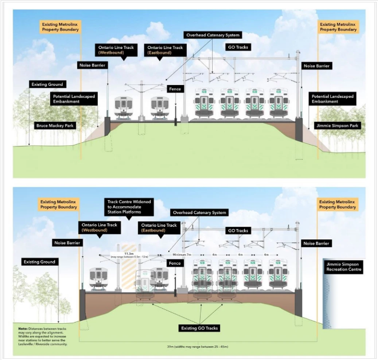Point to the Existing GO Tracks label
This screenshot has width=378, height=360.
tap(200, 327)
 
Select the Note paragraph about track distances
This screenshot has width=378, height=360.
tap(43, 335)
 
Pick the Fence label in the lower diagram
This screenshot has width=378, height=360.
tap(175, 264)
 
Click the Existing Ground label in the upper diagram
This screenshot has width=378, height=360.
tap(49, 84)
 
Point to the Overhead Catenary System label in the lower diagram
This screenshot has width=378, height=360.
tap(199, 212)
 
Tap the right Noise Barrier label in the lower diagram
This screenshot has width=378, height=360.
tap(317, 243)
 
